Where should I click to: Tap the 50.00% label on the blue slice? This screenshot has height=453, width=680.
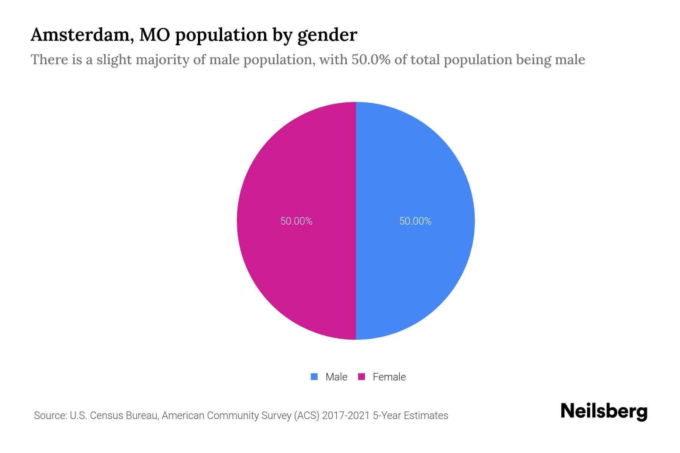point(415,221)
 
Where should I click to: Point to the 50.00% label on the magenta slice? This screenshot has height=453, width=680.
point(297,221)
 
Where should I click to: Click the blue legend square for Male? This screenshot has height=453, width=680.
point(314,377)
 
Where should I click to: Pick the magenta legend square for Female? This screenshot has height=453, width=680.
point(362,377)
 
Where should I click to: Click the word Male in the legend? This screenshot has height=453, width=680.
point(336,377)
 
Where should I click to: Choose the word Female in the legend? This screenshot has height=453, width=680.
point(389,377)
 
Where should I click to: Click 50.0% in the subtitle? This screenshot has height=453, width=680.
point(371,60)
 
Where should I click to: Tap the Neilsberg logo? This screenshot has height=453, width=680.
point(604,411)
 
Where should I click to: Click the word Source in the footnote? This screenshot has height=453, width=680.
point(50,416)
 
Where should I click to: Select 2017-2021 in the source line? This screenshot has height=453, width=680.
point(346,416)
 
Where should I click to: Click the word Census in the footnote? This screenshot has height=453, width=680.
point(106,416)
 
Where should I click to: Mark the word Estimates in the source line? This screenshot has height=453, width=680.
point(426,416)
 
